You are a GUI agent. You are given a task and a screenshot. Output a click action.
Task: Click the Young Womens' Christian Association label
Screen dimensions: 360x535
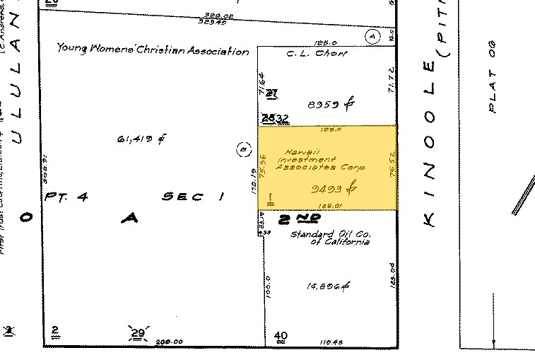tap(153, 51)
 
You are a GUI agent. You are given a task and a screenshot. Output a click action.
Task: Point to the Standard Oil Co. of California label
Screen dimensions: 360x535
tap(331, 238)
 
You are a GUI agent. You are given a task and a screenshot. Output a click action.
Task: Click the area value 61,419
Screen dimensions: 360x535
tap(141, 139)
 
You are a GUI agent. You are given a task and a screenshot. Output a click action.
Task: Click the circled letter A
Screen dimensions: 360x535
tap(372, 36)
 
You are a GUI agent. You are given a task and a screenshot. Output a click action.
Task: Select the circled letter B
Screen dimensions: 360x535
tap(242, 149)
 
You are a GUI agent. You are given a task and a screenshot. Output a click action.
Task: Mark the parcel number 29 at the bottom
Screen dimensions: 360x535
tap(136, 333)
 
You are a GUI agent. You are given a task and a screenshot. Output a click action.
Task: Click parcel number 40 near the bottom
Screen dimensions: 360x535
tap(281, 335)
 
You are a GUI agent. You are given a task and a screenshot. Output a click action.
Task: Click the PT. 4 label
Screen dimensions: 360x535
tap(66, 197)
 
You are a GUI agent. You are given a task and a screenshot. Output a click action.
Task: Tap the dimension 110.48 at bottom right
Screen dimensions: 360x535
tap(330, 342)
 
